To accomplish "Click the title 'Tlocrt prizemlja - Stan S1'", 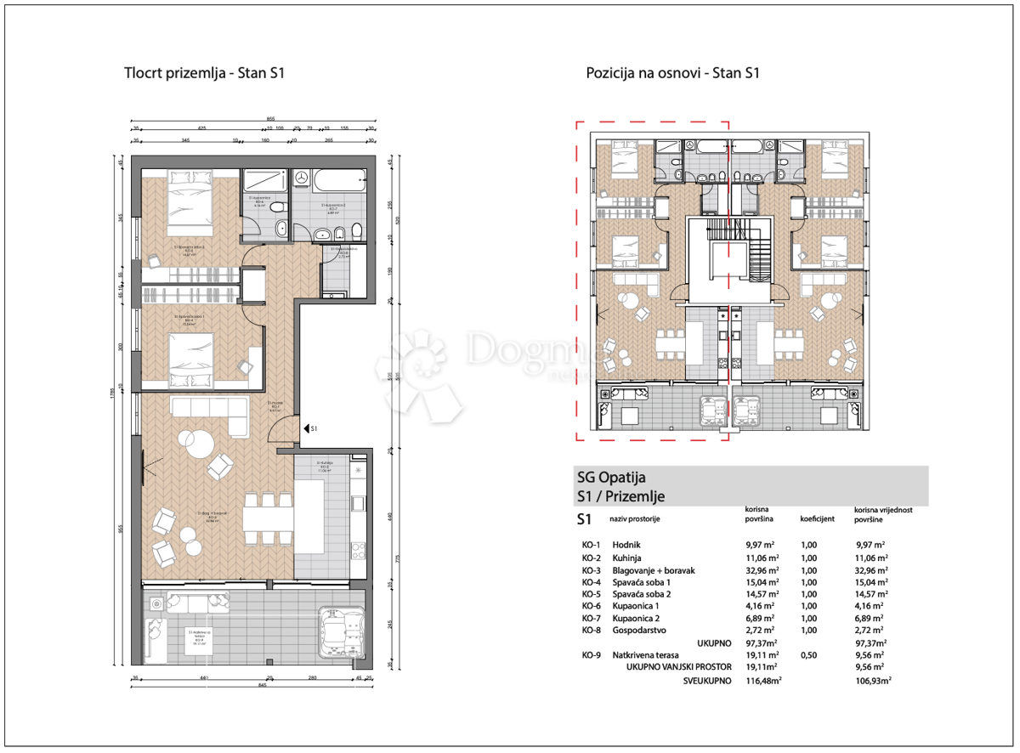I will pos(204,73).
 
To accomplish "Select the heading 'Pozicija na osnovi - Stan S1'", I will pos(671,73).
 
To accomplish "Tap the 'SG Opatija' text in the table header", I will pos(611,478).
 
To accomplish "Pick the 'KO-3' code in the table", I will pos(591,570).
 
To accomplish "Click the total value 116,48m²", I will pos(763,681).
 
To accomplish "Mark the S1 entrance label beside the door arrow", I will pos(314,428).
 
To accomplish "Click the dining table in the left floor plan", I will pos(268,518).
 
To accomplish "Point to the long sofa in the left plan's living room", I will pos(207,409).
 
